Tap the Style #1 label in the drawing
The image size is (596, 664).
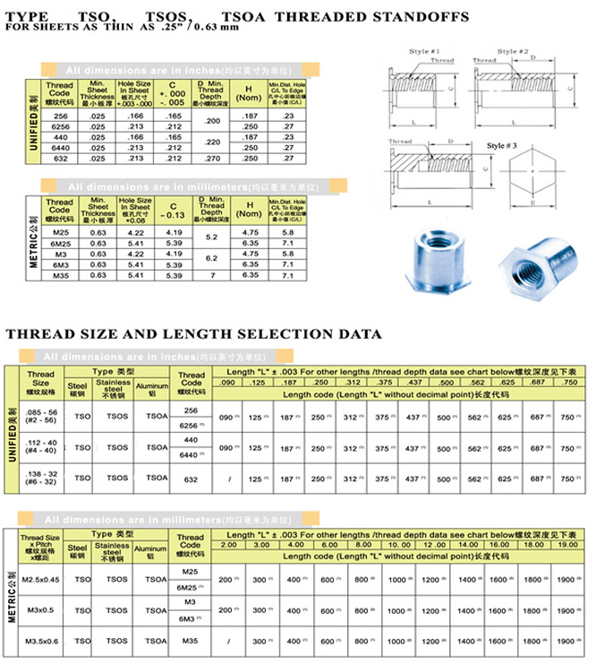coord(426,52)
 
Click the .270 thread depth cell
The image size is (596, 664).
coord(212,158)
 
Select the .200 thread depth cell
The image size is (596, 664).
coord(212,120)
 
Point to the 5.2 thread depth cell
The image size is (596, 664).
coord(212,237)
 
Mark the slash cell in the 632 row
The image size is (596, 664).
coord(230,480)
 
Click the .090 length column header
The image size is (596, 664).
coord(229,383)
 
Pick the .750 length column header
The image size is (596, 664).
coord(568,383)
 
